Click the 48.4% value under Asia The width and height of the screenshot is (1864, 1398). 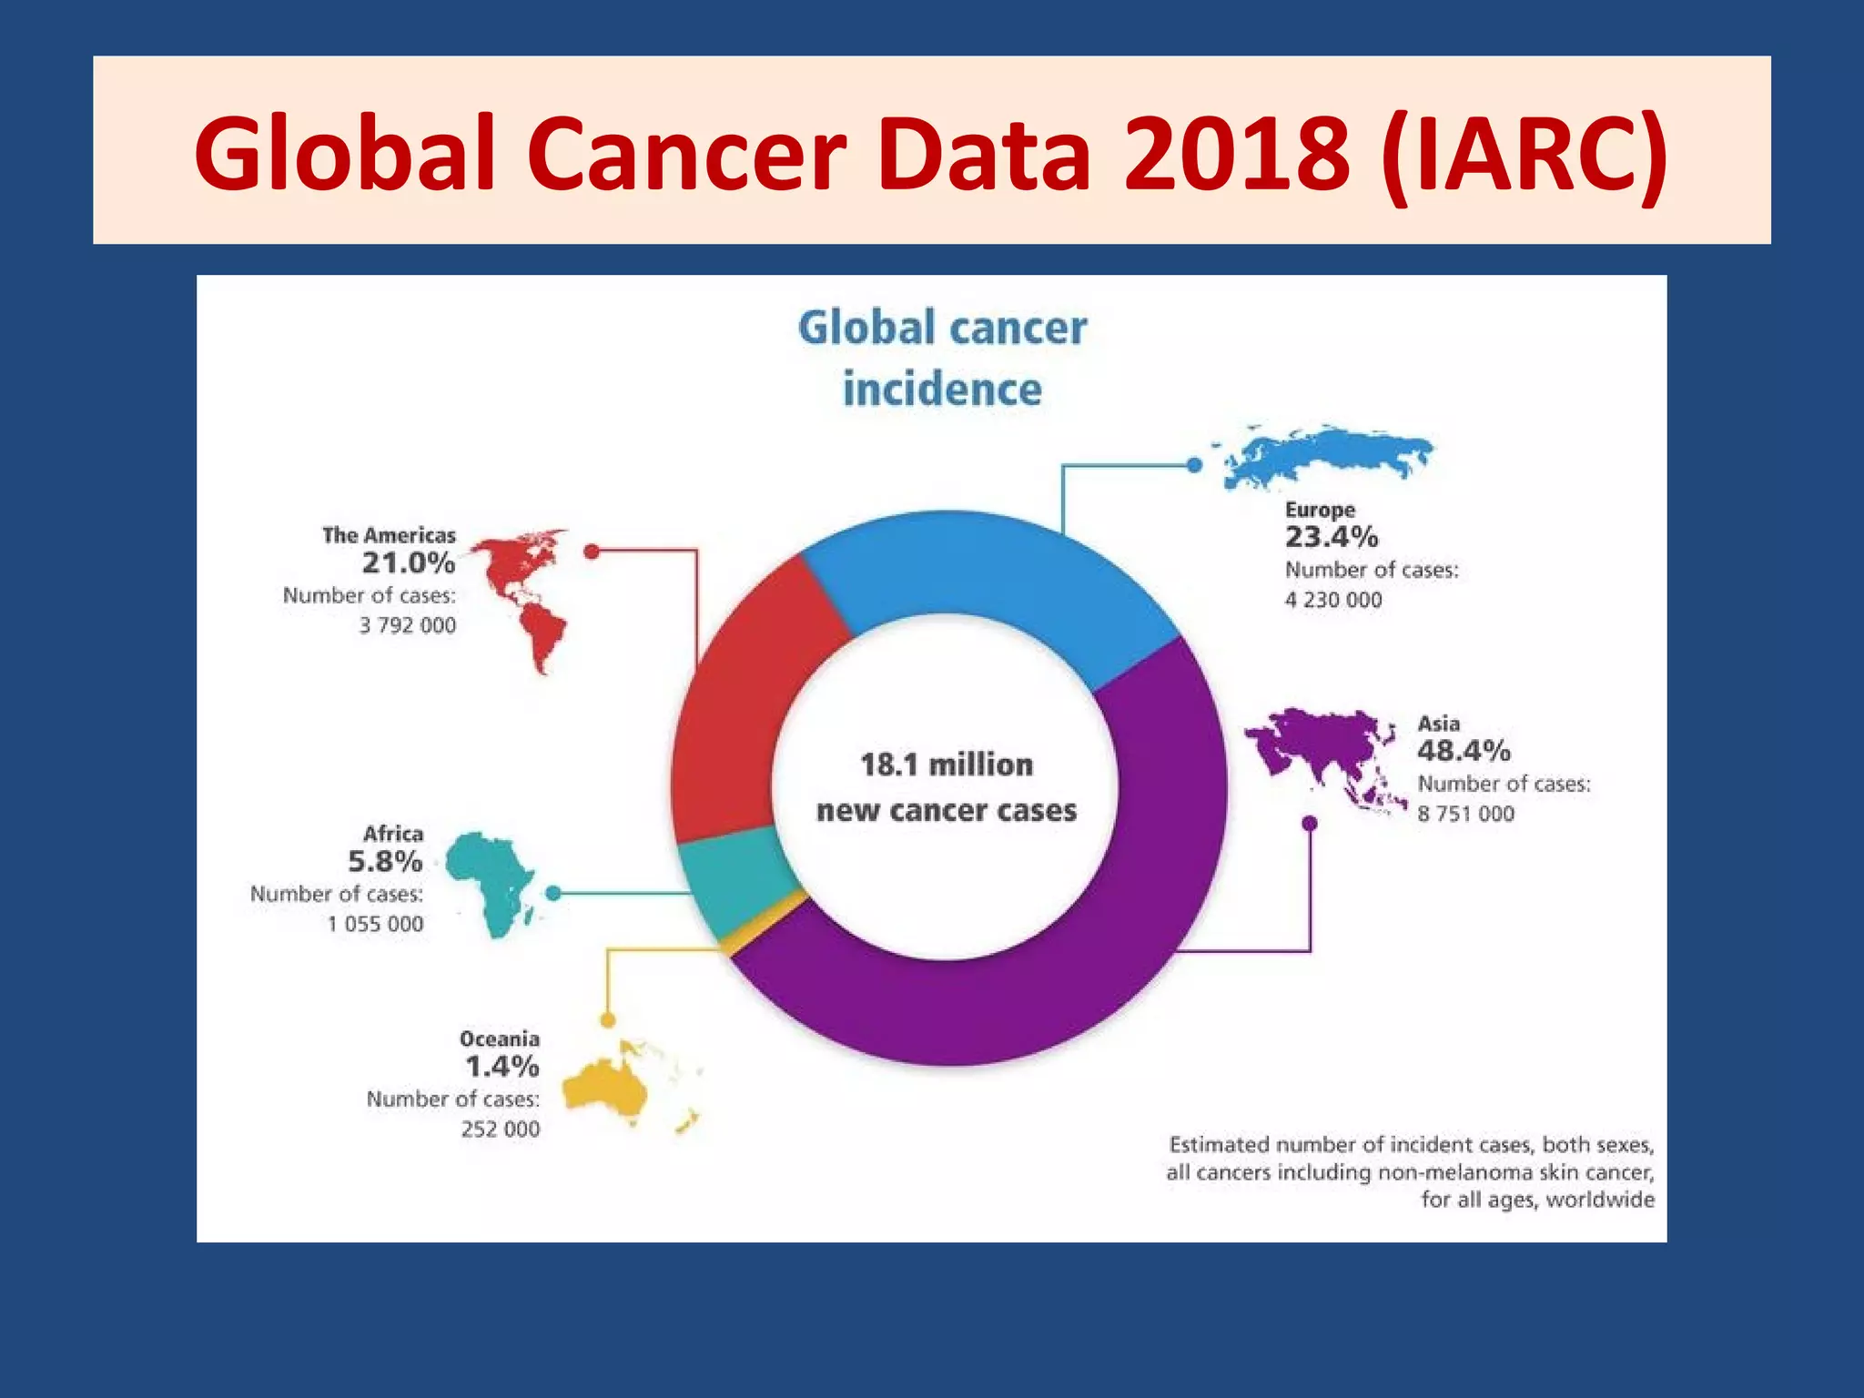(x=1464, y=751)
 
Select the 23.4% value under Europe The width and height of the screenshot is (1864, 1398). (x=1332, y=537)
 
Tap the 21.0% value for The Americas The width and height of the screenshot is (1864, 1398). (x=409, y=562)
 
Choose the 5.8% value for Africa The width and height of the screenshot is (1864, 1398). (x=385, y=861)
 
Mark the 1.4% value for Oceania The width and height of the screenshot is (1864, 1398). (x=501, y=1066)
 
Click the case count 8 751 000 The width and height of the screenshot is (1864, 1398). (x=1465, y=814)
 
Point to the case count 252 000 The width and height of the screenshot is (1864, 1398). (x=500, y=1130)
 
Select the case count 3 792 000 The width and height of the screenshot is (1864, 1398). (x=407, y=625)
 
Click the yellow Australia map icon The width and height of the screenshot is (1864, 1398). (x=604, y=1088)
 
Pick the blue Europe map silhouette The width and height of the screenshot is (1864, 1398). (x=1320, y=453)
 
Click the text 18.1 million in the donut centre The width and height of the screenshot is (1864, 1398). (x=947, y=765)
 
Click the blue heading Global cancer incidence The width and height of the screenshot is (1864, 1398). (x=942, y=358)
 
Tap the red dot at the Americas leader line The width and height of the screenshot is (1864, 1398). (x=592, y=552)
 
